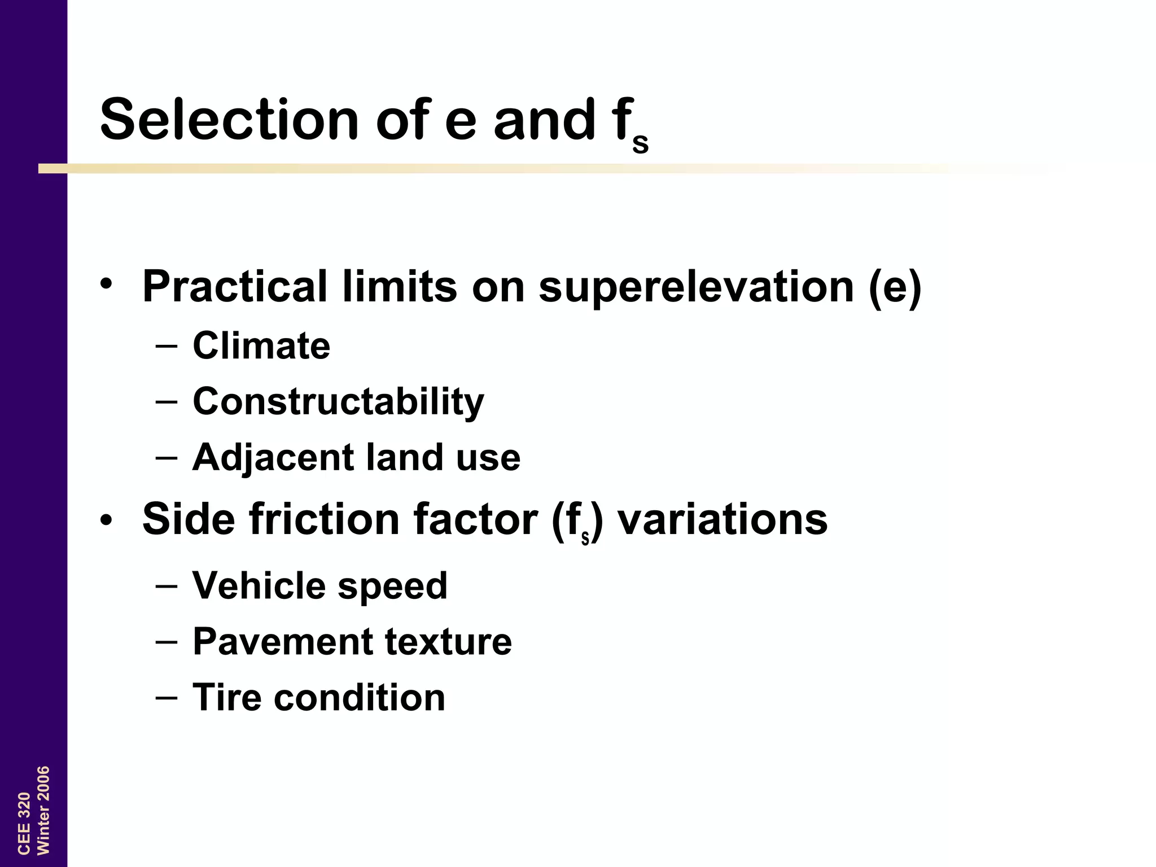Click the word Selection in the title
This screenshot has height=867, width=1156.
pos(229,120)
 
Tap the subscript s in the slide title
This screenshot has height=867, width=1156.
pos(640,143)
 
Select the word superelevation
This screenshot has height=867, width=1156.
pos(696,287)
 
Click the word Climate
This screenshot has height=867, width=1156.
pos(261,345)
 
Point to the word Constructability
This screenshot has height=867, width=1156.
pos(338,402)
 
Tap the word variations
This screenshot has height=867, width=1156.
pos(722,519)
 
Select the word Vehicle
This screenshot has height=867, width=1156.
pos(257,585)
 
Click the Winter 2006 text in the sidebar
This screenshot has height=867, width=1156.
pos(43,810)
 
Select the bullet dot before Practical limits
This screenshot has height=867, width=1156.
pos(107,284)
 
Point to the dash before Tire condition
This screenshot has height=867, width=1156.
pos(166,698)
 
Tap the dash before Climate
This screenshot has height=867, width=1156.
pos(166,345)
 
